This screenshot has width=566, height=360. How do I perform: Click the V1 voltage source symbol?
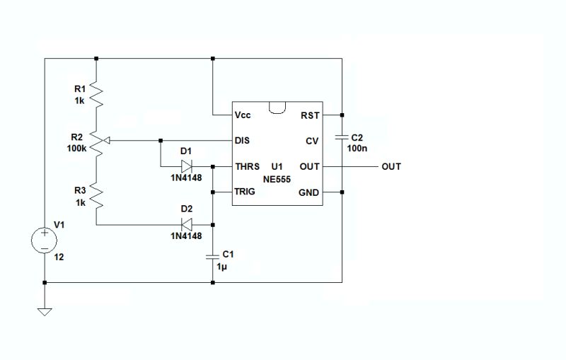pyautogui.click(x=44, y=240)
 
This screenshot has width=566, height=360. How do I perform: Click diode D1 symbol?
pyautogui.click(x=187, y=167)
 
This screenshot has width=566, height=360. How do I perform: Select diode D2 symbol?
pyautogui.click(x=187, y=225)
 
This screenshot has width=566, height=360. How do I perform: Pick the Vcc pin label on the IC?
pyautogui.click(x=243, y=115)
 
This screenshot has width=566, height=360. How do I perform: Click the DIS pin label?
pyautogui.click(x=243, y=141)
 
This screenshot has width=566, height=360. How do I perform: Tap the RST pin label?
pyautogui.click(x=310, y=115)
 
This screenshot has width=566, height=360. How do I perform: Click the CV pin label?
pyautogui.click(x=313, y=141)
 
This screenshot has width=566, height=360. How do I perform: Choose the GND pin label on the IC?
pyautogui.click(x=310, y=192)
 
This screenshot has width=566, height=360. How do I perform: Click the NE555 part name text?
pyautogui.click(x=277, y=180)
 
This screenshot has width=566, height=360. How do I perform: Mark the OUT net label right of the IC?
pyautogui.click(x=391, y=167)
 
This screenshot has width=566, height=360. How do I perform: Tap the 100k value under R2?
pyautogui.click(x=76, y=149)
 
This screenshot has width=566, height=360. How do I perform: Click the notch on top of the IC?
pyautogui.click(x=277, y=106)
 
